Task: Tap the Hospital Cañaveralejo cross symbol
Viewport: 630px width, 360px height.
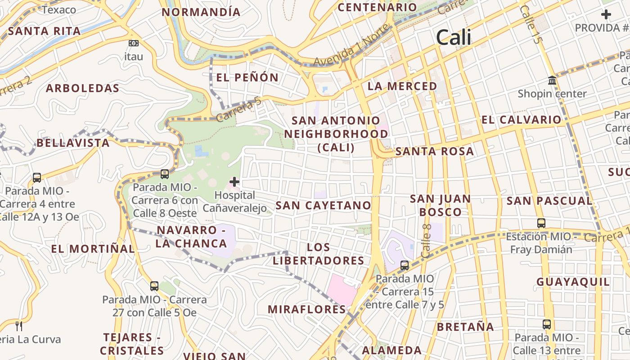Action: (x=234, y=182)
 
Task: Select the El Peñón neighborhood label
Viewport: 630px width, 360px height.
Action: (x=247, y=77)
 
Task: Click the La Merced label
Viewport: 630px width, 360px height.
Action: (x=402, y=86)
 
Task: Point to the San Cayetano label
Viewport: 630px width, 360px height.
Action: (x=323, y=206)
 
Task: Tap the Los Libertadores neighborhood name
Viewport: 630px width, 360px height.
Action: (x=319, y=254)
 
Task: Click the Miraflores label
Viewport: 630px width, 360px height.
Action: (x=307, y=309)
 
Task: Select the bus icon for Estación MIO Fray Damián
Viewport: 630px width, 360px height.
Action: (x=541, y=223)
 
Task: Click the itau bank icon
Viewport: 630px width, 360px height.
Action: (x=134, y=43)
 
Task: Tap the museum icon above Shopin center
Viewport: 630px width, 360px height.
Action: (x=552, y=81)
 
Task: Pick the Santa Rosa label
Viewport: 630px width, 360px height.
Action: (x=434, y=152)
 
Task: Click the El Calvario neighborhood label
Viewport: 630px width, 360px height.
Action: (x=522, y=120)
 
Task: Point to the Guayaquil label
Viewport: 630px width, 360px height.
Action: (x=573, y=282)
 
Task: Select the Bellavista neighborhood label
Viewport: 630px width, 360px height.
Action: (x=73, y=143)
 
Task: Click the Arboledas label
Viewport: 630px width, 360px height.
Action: (x=83, y=88)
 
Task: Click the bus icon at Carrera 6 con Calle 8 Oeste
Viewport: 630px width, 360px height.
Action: (x=165, y=174)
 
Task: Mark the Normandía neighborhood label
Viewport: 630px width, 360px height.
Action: (x=201, y=12)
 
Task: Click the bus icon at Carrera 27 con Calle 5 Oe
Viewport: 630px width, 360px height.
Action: (x=154, y=286)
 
